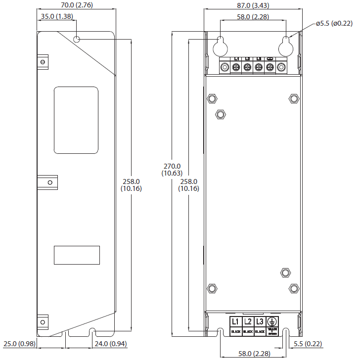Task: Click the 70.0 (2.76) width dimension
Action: coord(76,5)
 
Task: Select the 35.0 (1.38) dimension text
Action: coord(57,16)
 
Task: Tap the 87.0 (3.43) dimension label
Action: coord(252,5)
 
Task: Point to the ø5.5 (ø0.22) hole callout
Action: coord(334,23)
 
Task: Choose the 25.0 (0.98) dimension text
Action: coord(19,344)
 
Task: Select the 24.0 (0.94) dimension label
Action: coord(111,344)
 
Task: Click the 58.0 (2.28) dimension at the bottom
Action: coord(252,354)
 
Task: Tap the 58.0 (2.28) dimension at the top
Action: coord(252,17)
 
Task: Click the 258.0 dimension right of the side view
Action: coord(131,185)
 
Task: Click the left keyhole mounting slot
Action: coord(220,46)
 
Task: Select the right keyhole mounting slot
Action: coord(285,46)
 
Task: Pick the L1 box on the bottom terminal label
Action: coord(236,324)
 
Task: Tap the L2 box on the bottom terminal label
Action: coord(248,324)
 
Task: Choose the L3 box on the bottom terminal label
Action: coord(260,324)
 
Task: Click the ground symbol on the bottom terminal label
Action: coord(272,322)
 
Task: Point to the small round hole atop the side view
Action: coord(77,40)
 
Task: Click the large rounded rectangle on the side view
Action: coord(76,120)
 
